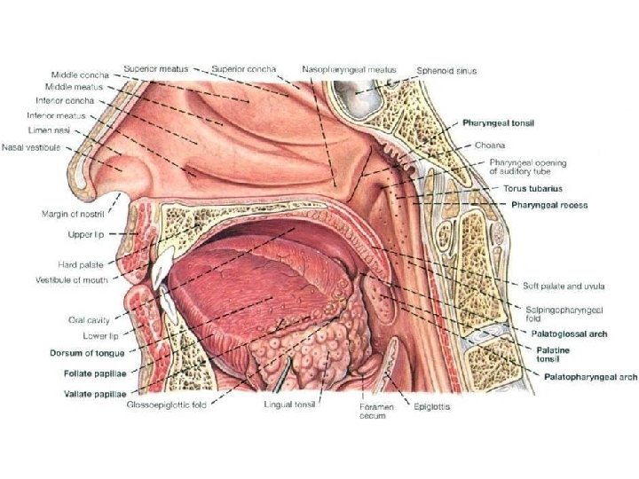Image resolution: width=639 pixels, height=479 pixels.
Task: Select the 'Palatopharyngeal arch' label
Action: tap(589, 376)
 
